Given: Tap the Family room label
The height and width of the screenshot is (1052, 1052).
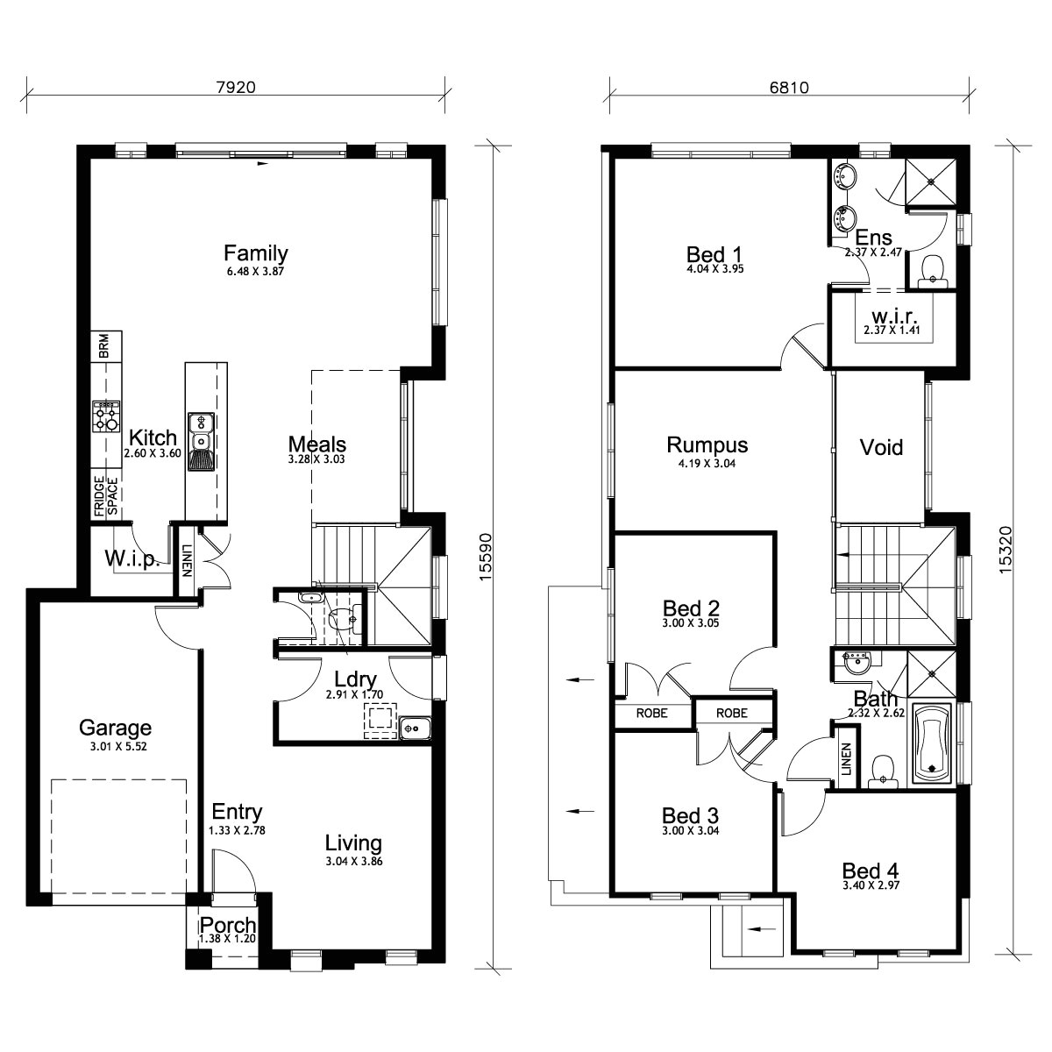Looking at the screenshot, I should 255,253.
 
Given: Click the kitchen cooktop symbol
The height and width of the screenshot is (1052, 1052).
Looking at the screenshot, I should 106,416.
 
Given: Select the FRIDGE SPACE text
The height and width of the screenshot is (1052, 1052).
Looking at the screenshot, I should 106,495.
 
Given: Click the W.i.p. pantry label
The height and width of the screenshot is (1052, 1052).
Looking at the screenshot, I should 131,558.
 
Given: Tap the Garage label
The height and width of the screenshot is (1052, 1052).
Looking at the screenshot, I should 115,727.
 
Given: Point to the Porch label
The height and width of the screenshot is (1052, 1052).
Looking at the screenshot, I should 228,926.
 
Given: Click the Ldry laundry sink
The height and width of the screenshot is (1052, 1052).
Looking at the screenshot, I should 414,727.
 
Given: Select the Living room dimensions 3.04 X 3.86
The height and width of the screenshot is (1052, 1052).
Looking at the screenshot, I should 353,862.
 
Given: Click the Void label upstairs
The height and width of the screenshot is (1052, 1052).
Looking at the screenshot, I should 881,447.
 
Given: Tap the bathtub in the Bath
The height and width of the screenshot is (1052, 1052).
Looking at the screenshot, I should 935,743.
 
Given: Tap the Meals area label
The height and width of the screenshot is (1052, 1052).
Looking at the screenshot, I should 316,444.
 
